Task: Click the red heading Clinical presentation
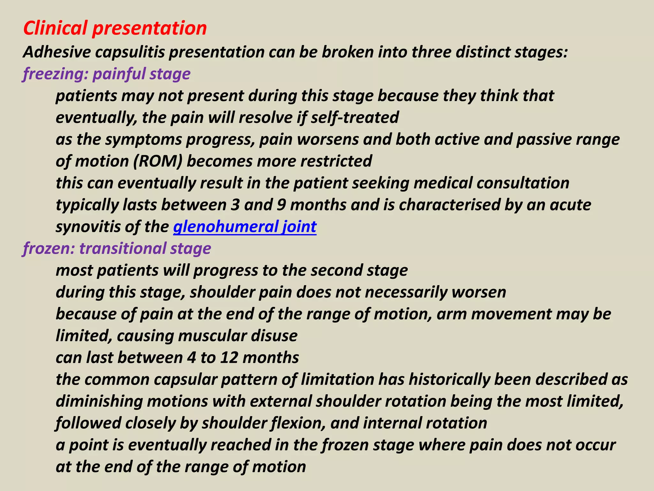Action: [x=115, y=28]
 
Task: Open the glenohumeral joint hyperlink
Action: [x=245, y=227]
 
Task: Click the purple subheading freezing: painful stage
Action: [x=107, y=74]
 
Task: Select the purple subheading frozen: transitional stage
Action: [x=117, y=249]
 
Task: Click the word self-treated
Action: [x=355, y=117]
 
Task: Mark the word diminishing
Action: [x=99, y=401]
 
